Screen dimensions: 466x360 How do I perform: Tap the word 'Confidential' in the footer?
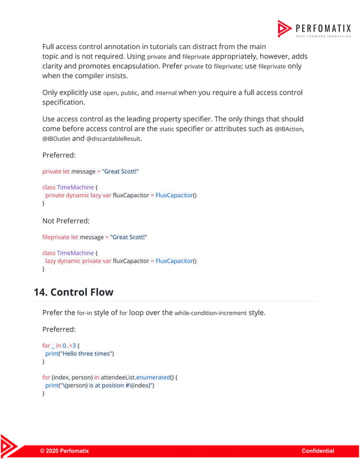318,451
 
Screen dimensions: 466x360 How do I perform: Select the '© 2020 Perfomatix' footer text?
64,451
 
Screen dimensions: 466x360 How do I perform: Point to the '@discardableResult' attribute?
113,139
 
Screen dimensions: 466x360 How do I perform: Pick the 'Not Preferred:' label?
66,221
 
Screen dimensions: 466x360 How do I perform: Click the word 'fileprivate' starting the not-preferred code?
55,238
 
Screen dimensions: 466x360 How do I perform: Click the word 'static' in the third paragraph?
166,129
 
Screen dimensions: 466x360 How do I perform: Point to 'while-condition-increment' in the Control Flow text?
210,313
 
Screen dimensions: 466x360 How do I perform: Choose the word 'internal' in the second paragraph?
166,93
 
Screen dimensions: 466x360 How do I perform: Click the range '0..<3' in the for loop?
71,345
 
